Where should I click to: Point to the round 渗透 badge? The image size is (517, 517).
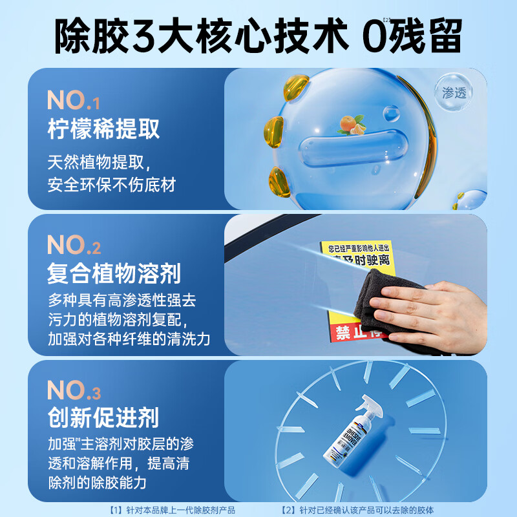coord(453,92)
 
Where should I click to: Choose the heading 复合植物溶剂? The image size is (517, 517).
coord(114,275)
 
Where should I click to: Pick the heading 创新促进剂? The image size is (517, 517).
coord(103,418)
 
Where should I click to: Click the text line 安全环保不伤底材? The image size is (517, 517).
coord(111,185)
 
